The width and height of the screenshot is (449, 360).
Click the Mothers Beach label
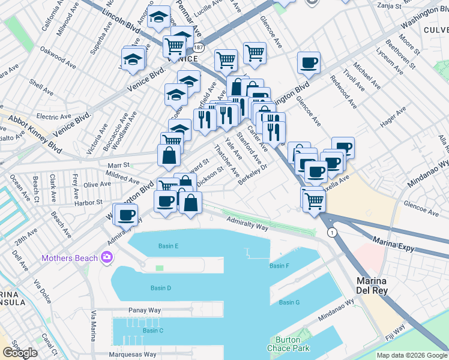pyautogui.click(x=70, y=259)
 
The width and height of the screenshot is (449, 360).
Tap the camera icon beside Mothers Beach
pyautogui.click(x=107, y=258)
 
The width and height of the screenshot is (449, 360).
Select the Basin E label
pyautogui.click(x=169, y=246)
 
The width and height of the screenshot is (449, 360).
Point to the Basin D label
pyautogui.click(x=161, y=288)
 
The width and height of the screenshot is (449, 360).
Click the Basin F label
pyautogui.click(x=280, y=266)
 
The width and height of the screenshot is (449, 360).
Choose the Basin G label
pyautogui.click(x=289, y=302)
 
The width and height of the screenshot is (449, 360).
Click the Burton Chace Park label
pyautogui.click(x=284, y=344)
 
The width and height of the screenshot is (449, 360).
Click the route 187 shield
pyautogui.click(x=199, y=46)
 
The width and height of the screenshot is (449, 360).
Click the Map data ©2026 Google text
pyautogui.click(x=412, y=355)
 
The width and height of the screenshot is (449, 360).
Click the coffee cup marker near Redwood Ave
pyautogui.click(x=309, y=63)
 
